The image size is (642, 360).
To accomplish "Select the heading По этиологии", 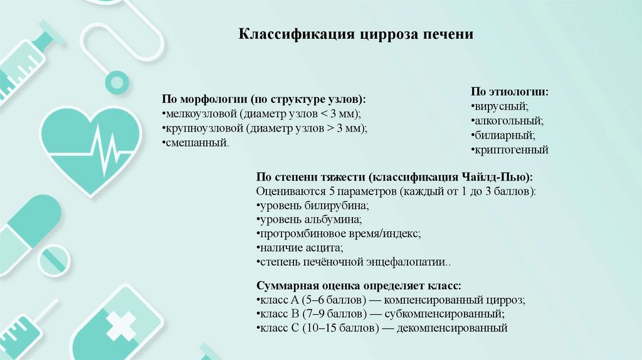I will point(510,92).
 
